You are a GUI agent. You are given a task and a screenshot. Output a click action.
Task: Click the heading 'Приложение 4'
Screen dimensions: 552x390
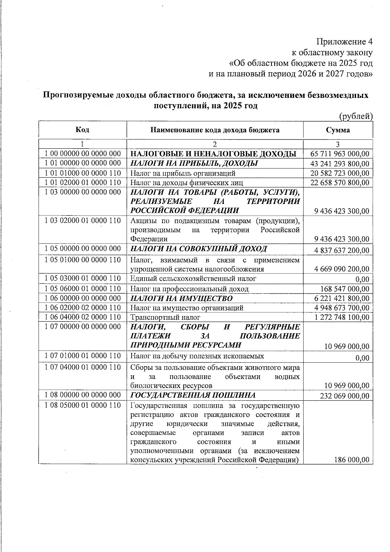pyautogui.click(x=344, y=42)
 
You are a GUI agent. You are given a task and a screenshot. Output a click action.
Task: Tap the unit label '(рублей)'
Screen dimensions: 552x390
pyautogui.click(x=356, y=116)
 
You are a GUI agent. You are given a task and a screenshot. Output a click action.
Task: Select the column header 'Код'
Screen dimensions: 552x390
pyautogui.click(x=83, y=130)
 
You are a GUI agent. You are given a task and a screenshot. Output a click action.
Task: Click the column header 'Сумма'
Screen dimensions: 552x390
pyautogui.click(x=338, y=130)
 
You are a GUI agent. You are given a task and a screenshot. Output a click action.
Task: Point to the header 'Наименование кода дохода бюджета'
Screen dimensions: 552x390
pyautogui.click(x=215, y=130)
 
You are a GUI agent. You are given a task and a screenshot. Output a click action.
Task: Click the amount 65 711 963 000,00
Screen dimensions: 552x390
pyautogui.click(x=340, y=154)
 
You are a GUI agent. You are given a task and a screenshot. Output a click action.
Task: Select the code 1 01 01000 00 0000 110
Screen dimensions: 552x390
pyautogui.click(x=83, y=173)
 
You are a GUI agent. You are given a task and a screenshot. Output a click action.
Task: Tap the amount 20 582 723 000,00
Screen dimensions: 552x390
pyautogui.click(x=340, y=173)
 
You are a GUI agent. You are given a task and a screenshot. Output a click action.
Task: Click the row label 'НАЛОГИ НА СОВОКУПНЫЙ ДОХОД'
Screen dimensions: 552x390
pyautogui.click(x=199, y=249)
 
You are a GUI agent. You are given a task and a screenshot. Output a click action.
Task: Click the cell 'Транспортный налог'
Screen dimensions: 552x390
pyautogui.click(x=165, y=317)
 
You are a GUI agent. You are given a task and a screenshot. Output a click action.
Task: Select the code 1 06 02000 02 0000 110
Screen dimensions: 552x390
pyautogui.click(x=83, y=308)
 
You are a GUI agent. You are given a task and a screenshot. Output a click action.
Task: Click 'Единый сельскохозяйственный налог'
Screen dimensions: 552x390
pyautogui.click(x=193, y=279)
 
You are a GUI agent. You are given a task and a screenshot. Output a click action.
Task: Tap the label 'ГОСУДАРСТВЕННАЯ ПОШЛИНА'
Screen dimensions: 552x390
pyautogui.click(x=193, y=395)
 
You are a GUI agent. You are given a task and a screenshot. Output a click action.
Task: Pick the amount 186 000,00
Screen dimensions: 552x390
pyautogui.click(x=352, y=460)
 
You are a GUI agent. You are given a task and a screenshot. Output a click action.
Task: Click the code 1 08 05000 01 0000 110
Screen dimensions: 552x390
pyautogui.click(x=83, y=405)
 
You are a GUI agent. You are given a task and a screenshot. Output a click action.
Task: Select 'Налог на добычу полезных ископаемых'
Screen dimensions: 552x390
pyautogui.click(x=197, y=356)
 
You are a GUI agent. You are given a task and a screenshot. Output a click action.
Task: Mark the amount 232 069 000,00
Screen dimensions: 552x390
pyautogui.click(x=345, y=396)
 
